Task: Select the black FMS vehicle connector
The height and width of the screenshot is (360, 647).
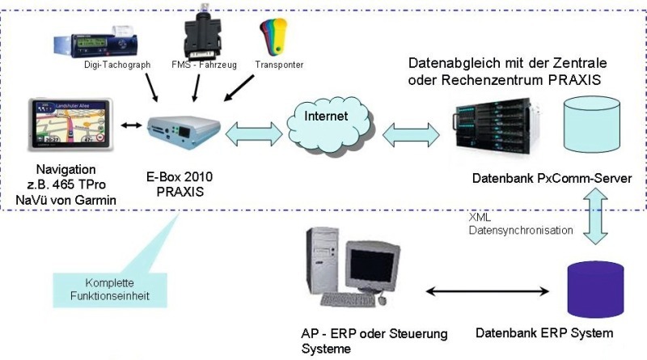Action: pos(198,32)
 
